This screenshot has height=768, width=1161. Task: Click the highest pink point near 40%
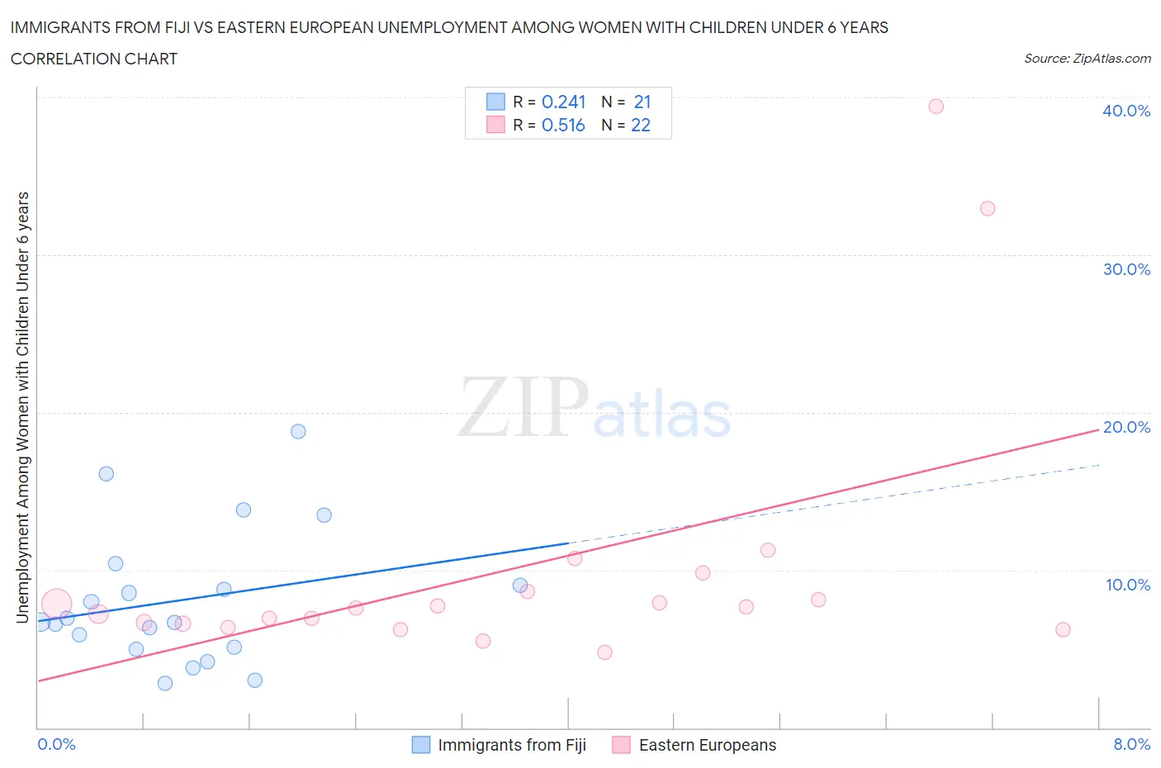(936, 106)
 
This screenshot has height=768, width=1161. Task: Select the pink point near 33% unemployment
(988, 208)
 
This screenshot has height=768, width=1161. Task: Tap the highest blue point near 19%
(298, 431)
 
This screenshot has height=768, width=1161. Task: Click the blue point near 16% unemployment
(107, 473)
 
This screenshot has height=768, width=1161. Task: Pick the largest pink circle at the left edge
(56, 604)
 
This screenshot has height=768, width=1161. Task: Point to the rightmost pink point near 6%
(1063, 629)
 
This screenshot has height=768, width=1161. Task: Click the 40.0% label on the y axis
(1125, 111)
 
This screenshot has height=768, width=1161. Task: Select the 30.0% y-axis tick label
(1125, 269)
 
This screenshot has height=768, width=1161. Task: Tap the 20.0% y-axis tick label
(1125, 427)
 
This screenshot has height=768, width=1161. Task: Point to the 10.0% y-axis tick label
(1127, 585)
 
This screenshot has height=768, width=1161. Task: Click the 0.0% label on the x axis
(56, 744)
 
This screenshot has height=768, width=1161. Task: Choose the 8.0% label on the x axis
(1131, 744)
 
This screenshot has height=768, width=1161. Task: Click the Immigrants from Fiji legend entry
(511, 745)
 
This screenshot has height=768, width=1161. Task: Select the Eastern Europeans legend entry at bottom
(707, 745)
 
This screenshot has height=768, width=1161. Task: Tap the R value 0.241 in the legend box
(563, 102)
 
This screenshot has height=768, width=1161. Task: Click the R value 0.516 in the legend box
(563, 125)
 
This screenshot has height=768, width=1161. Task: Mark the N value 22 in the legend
(641, 125)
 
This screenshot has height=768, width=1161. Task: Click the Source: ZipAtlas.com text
(1087, 58)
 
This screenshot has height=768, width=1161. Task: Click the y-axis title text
(22, 407)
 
